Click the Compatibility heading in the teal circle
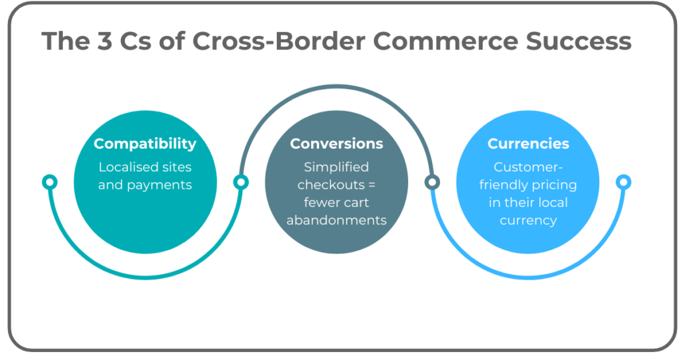145,144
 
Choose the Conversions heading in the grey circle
336,144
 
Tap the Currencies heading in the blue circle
528,144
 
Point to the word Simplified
336,167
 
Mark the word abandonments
336,220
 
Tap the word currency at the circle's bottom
528,220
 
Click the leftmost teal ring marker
50,182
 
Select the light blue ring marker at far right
623,182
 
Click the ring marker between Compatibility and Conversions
241,182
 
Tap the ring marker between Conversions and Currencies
432,182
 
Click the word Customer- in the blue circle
528,167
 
